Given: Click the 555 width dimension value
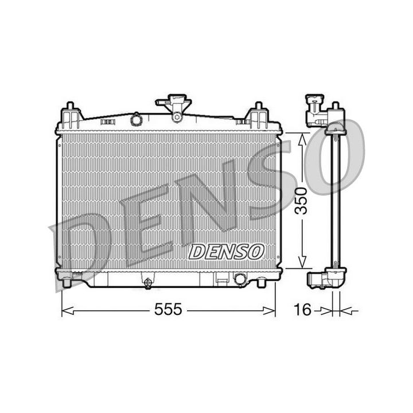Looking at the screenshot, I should click(x=168, y=310).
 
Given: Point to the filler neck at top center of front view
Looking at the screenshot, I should click(x=174, y=107).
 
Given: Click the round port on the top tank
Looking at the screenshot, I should click(x=136, y=120).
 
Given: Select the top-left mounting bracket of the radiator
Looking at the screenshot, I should click(x=69, y=116).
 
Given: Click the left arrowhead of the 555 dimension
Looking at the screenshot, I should click(x=65, y=310).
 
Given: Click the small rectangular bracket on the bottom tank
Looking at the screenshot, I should click(x=220, y=279).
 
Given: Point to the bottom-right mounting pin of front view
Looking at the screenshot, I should click(x=261, y=282).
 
